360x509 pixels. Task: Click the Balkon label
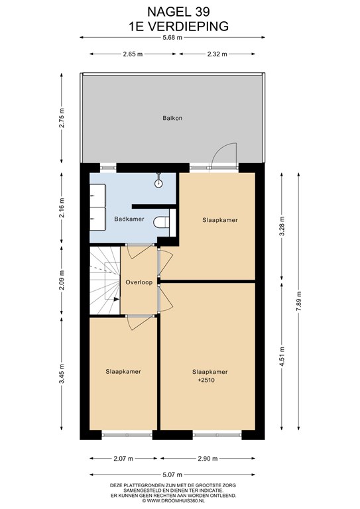pyautogui.click(x=172, y=118)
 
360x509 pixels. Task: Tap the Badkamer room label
pyautogui.click(x=129, y=219)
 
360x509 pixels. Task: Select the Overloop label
pyautogui.click(x=139, y=282)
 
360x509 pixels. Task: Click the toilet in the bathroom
pyautogui.click(x=161, y=223)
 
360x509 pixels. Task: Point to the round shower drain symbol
pyautogui.click(x=158, y=184)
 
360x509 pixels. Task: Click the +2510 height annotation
pyautogui.click(x=206, y=380)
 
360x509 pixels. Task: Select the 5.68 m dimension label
pyautogui.click(x=172, y=37)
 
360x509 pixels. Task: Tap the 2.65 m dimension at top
pyautogui.click(x=133, y=54)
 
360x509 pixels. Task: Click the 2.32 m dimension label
pyautogui.click(x=217, y=54)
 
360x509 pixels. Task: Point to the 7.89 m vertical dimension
pyautogui.click(x=298, y=302)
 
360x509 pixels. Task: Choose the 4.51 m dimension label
pyautogui.click(x=282, y=357)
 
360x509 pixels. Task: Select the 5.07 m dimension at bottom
pyautogui.click(x=172, y=475)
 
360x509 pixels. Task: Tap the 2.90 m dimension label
pyautogui.click(x=208, y=459)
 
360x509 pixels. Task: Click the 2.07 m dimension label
pyautogui.click(x=123, y=459)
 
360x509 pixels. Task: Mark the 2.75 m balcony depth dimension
pyautogui.click(x=62, y=118)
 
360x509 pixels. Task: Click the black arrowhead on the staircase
pyautogui.click(x=116, y=300)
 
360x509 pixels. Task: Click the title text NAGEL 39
pyautogui.click(x=178, y=12)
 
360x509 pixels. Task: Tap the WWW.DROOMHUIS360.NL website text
pyautogui.click(x=173, y=501)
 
